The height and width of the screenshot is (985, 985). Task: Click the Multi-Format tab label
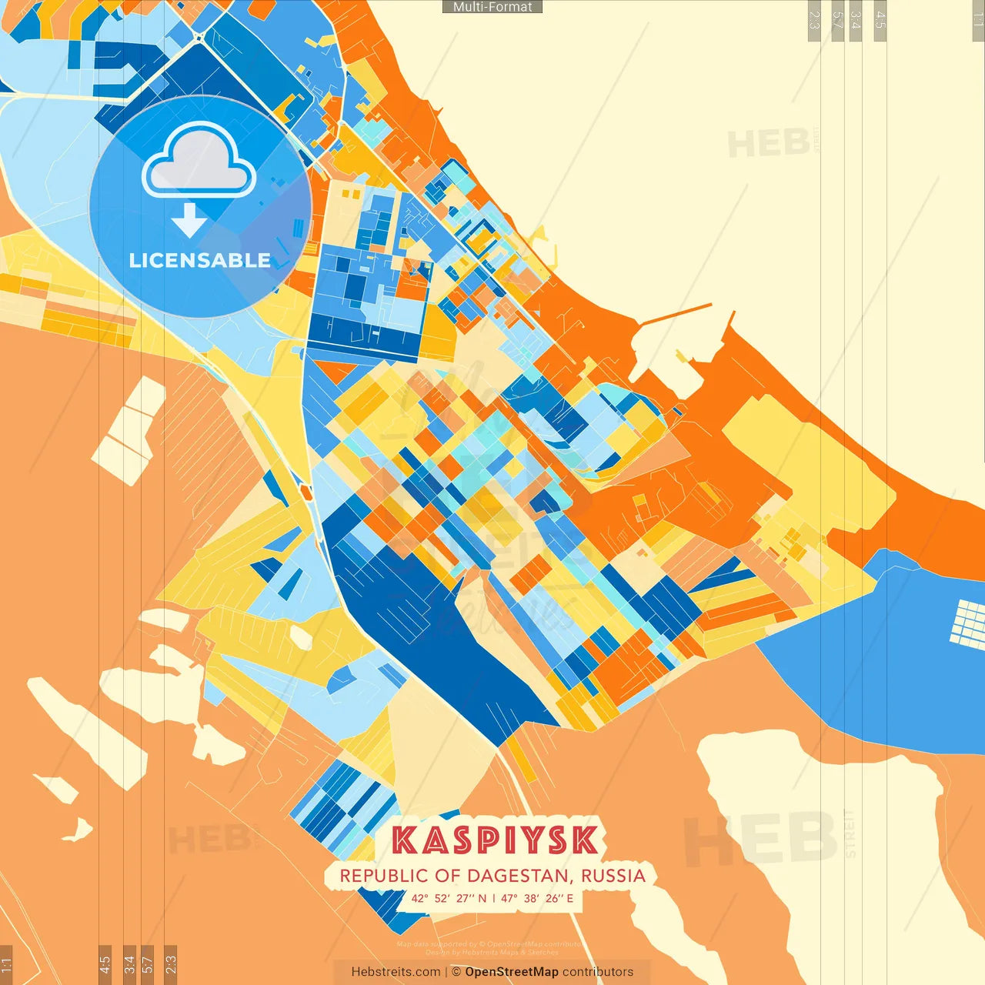click(492, 7)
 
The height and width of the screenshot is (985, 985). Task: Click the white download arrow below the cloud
click(189, 220)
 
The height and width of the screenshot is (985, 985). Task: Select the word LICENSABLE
click(200, 260)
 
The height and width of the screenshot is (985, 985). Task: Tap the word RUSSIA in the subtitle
click(613, 876)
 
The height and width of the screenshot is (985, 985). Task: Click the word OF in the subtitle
click(448, 876)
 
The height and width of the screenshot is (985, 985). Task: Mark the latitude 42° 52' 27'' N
click(449, 898)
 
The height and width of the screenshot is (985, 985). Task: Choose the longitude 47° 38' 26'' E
click(537, 898)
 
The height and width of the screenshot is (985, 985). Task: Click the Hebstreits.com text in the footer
click(396, 972)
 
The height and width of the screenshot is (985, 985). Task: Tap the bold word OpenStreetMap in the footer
click(512, 972)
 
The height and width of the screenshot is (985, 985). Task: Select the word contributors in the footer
click(598, 972)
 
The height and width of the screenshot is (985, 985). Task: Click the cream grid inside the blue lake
click(968, 622)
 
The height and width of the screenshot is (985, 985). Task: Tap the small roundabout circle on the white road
click(199, 37)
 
